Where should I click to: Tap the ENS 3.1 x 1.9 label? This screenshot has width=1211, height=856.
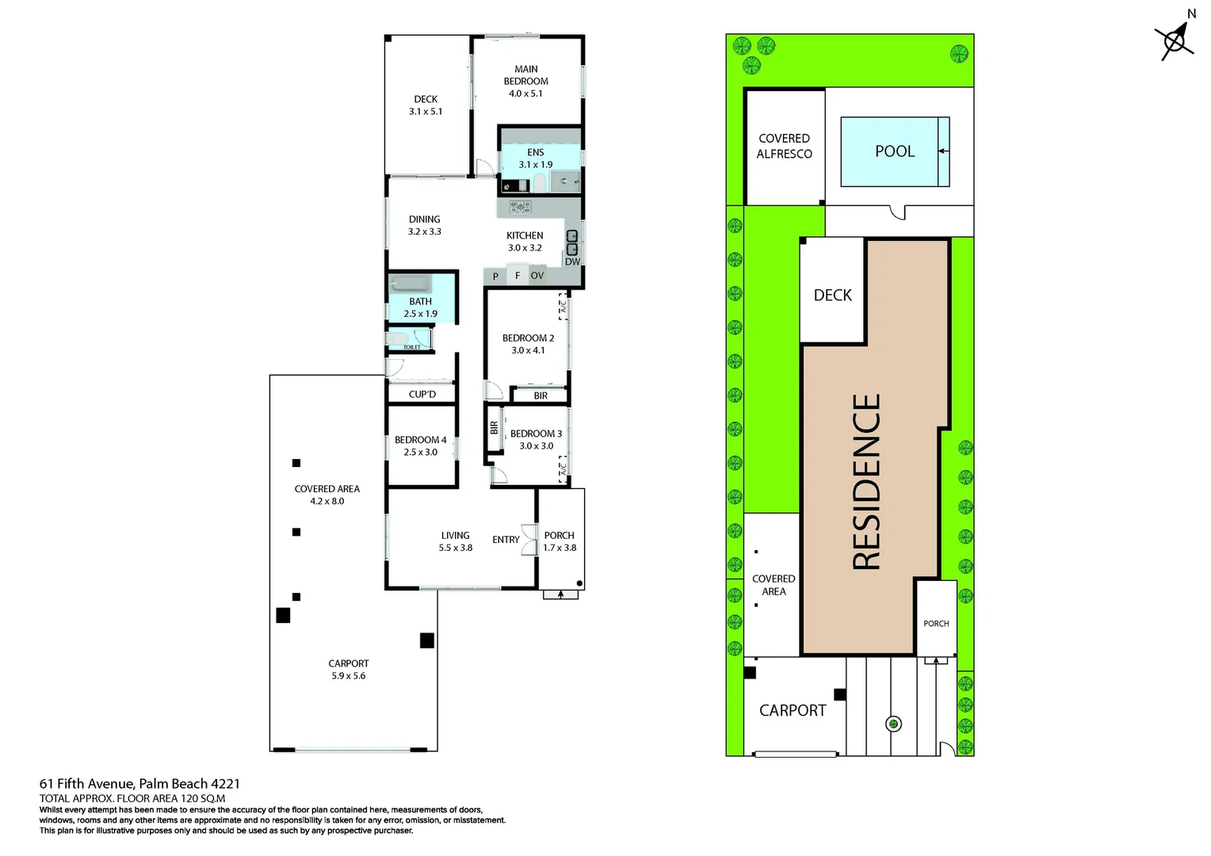[x=536, y=159]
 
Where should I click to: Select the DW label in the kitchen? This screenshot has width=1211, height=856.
[x=572, y=262]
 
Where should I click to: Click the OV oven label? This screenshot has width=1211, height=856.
[x=537, y=276]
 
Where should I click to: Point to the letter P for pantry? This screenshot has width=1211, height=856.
[x=495, y=277]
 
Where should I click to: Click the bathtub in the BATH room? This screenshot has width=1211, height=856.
[x=411, y=284]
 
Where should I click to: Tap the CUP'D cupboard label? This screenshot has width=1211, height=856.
[x=422, y=394]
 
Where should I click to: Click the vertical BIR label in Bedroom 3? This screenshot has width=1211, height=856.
[x=494, y=428]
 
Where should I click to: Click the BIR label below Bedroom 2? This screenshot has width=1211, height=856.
[x=541, y=396]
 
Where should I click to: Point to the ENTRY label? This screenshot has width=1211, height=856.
[x=506, y=540]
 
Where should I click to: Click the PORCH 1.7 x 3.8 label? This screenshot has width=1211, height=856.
[x=560, y=541]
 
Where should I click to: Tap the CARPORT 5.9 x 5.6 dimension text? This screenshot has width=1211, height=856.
[x=349, y=676]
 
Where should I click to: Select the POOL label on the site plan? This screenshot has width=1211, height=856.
[x=895, y=151]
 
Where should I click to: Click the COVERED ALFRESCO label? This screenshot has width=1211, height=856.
[x=784, y=146]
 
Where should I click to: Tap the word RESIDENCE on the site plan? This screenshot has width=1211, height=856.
[x=867, y=482]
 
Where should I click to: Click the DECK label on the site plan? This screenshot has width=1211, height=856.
[x=832, y=295]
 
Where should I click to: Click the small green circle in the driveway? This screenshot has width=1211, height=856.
[x=893, y=723]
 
